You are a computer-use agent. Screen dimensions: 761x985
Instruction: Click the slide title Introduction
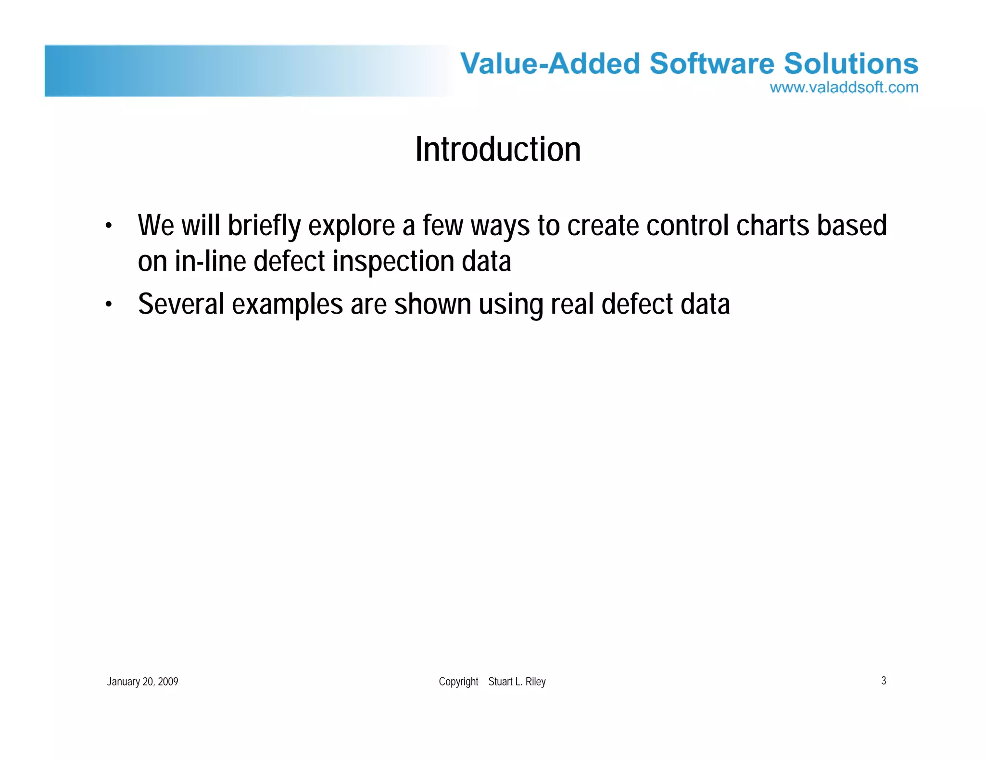(x=498, y=150)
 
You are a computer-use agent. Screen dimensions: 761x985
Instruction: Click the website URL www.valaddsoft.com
(x=844, y=88)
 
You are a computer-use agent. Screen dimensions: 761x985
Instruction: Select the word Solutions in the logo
(x=851, y=63)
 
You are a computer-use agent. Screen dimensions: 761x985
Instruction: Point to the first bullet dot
(x=109, y=226)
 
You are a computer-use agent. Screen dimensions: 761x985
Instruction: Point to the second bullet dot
(x=109, y=304)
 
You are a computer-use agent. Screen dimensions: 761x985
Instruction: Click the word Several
(x=181, y=304)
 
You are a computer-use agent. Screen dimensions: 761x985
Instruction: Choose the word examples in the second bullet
(x=287, y=304)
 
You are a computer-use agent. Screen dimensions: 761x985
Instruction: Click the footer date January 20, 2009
(x=142, y=682)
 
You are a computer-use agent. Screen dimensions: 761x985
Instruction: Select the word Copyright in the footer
(x=458, y=682)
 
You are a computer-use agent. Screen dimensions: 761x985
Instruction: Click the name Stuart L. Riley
(x=517, y=682)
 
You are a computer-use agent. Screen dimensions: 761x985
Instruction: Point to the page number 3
(x=884, y=681)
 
